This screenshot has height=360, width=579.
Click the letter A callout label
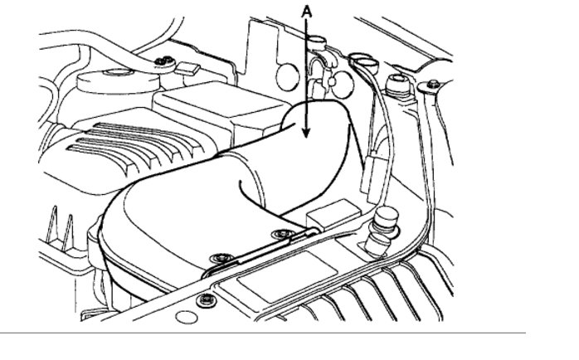tap(307, 11)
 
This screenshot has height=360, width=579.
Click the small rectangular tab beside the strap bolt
tap(189, 67)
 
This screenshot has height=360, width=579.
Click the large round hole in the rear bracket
tap(287, 75)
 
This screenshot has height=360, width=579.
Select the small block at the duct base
tap(327, 213)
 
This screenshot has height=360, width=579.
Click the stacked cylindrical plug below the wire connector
tap(382, 231)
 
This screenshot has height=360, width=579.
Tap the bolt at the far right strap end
tap(432, 85)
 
